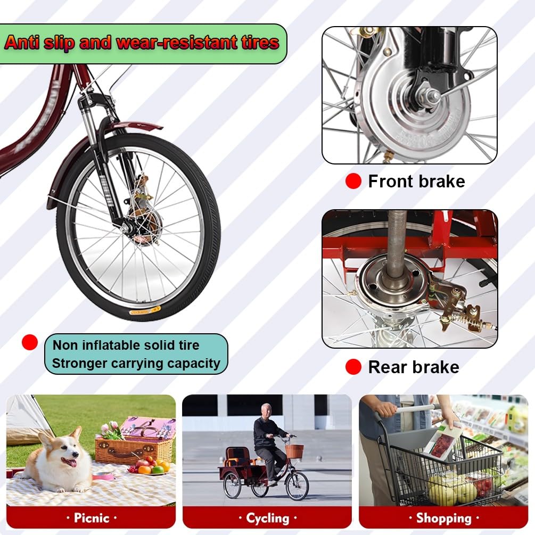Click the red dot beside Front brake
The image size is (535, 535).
(x=353, y=181)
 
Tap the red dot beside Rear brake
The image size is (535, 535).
(x=353, y=367)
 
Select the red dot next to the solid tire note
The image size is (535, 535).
(x=30, y=342)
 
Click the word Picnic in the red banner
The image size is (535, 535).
(x=92, y=518)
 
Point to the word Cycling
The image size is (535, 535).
(x=267, y=518)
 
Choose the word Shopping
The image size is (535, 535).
(x=443, y=518)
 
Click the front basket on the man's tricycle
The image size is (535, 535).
(x=294, y=451)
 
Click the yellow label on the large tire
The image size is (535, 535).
(x=145, y=311)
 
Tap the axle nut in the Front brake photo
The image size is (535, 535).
(x=432, y=95)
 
